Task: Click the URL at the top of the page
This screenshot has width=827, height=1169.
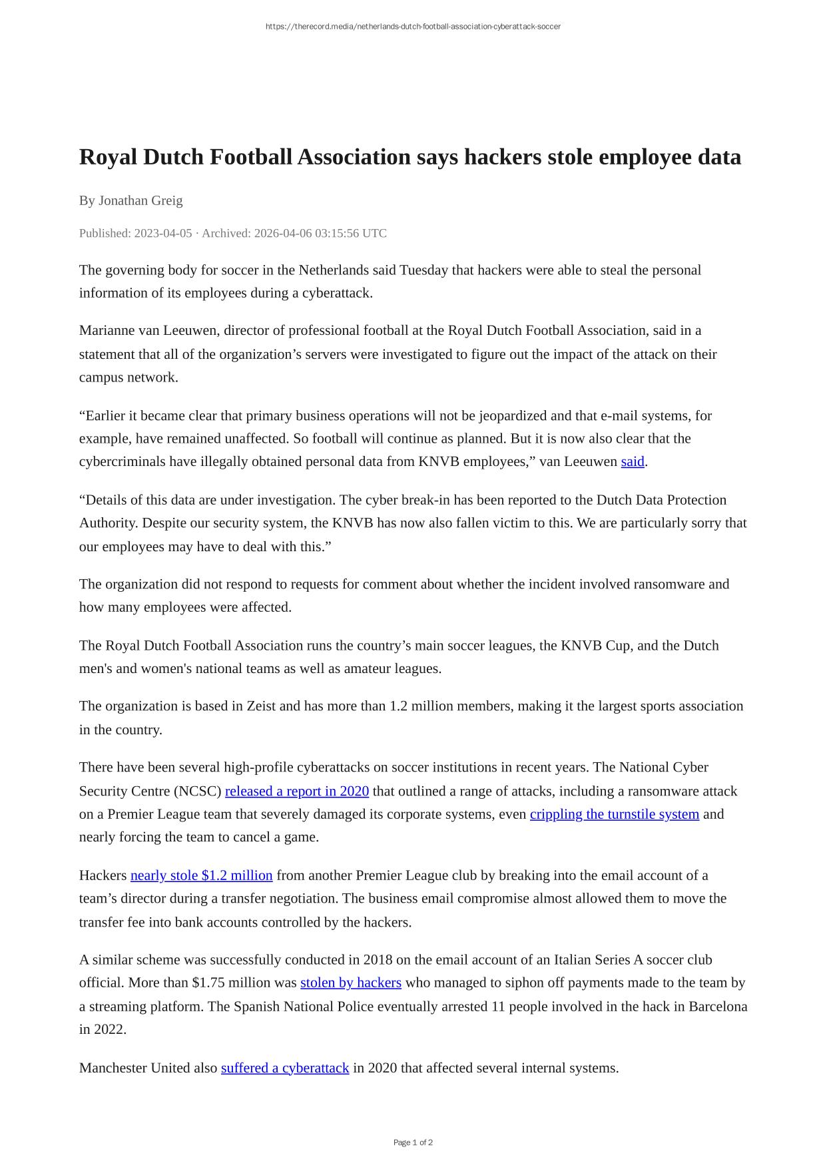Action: pos(413,27)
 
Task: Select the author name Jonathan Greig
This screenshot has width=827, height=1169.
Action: pos(140,200)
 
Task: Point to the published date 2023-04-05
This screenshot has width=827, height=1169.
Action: pos(162,233)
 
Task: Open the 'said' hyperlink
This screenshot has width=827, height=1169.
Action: pos(633,461)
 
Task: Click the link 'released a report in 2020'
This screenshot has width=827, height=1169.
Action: pos(297,791)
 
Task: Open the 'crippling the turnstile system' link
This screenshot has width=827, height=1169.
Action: pos(614,814)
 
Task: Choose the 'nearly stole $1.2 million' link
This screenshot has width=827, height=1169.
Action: pos(201,875)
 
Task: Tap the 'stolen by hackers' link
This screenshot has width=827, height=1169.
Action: pos(351,983)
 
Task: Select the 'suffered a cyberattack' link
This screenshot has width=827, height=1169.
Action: pos(285,1068)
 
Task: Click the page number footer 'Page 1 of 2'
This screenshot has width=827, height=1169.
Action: pos(413,1142)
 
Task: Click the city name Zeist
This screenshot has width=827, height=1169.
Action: pos(261,706)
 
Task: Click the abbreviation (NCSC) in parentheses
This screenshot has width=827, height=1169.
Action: pos(197,791)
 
